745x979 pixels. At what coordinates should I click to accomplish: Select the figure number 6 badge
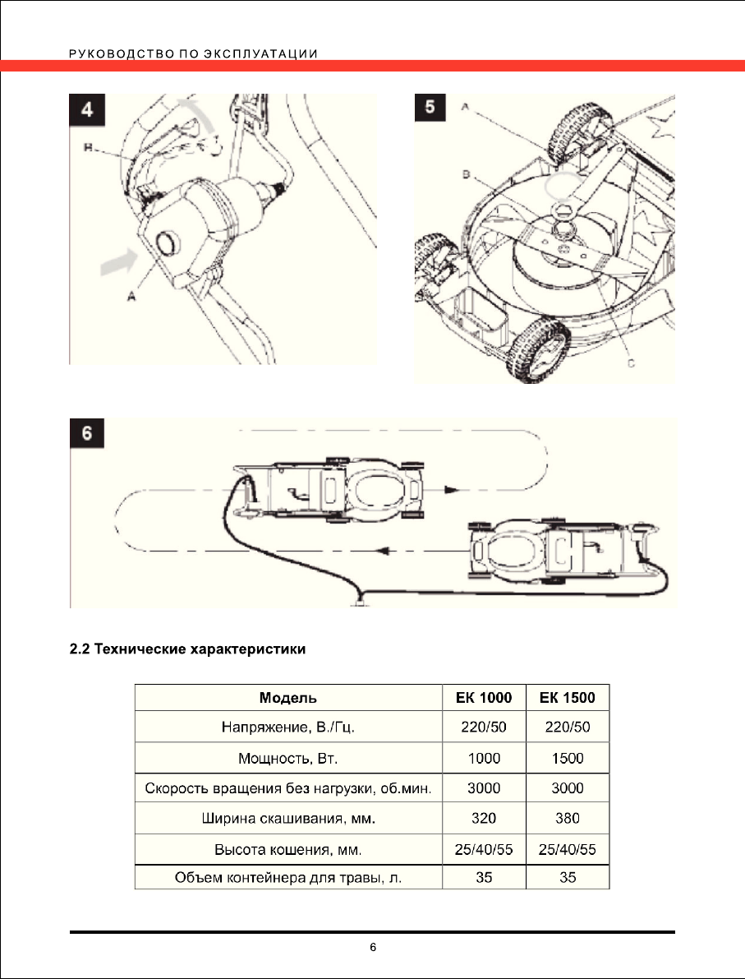coord(85,435)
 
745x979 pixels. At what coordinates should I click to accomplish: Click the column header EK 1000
coord(484,699)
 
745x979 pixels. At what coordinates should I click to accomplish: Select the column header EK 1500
coord(568,699)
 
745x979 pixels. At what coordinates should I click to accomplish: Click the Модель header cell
coord(287,699)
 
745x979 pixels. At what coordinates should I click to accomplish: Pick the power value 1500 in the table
coord(568,758)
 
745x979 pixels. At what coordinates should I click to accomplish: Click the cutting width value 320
coord(484,818)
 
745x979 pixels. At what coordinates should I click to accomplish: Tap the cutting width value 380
coord(568,818)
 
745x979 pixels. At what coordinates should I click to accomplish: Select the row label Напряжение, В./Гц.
coord(287,727)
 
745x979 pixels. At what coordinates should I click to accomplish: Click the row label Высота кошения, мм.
coord(287,848)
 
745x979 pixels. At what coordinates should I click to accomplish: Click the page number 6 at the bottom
coord(373,948)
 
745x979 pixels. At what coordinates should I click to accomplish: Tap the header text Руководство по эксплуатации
coord(194,54)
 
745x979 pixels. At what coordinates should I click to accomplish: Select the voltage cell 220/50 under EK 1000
coord(484,727)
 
